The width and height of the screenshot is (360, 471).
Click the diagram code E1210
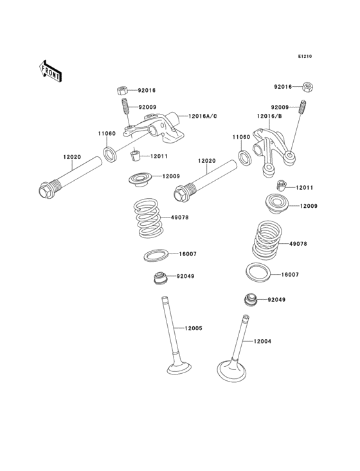click(x=304, y=57)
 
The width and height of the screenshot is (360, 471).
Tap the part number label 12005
click(x=194, y=328)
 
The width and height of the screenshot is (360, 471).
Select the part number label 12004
click(x=262, y=341)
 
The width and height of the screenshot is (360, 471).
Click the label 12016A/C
click(x=203, y=116)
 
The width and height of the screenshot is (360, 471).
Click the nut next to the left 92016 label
click(x=122, y=90)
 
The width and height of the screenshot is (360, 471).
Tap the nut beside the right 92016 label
click(x=307, y=86)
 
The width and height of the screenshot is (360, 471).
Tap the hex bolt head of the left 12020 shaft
click(x=46, y=190)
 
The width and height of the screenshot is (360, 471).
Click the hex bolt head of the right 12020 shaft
click(x=182, y=192)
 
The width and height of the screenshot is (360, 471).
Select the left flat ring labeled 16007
click(x=156, y=255)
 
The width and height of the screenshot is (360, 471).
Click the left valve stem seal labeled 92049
click(x=157, y=279)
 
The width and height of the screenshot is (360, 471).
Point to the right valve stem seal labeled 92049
click(x=250, y=299)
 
